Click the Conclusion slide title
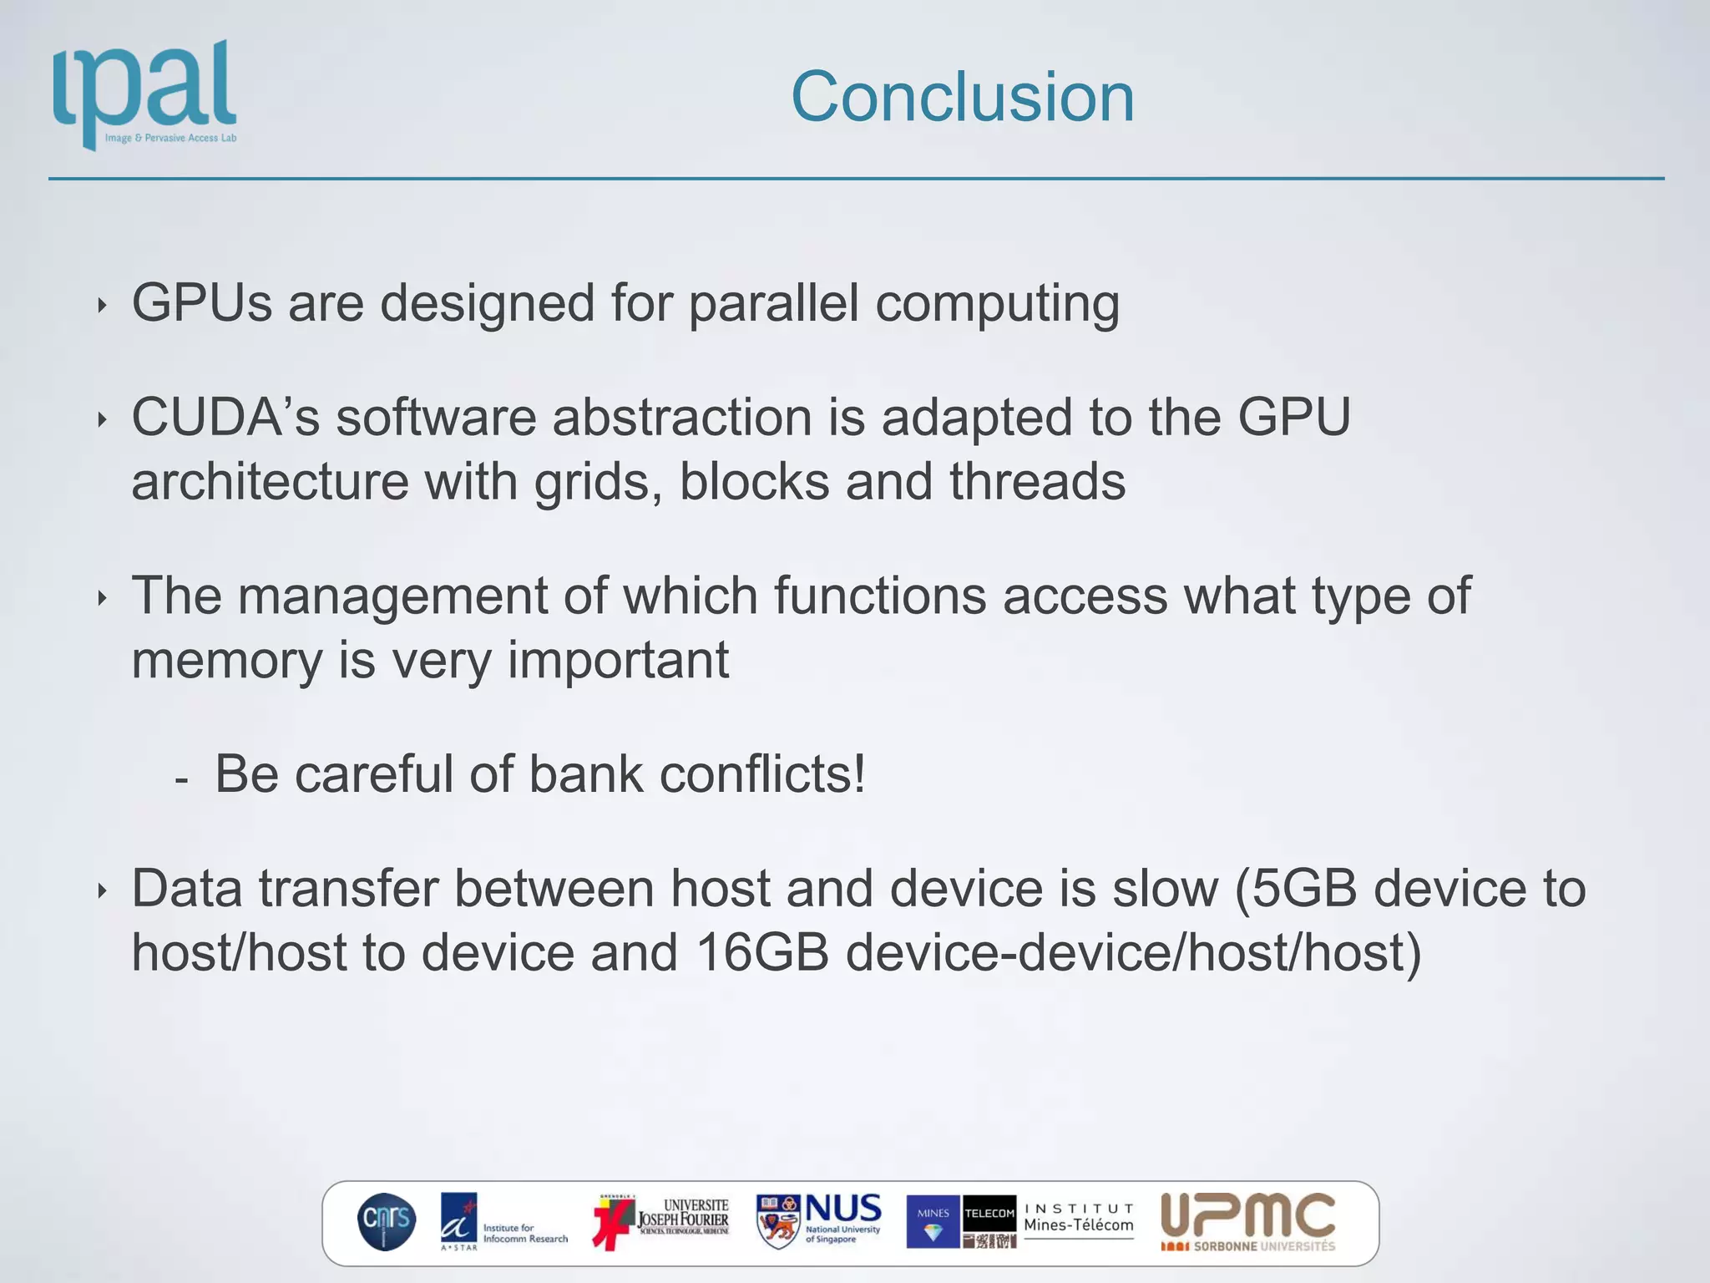(962, 97)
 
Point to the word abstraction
(681, 417)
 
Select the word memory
(226, 661)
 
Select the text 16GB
(761, 953)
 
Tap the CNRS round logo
(386, 1222)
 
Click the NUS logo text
(842, 1209)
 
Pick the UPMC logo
(1248, 1220)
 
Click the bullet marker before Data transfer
(102, 891)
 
